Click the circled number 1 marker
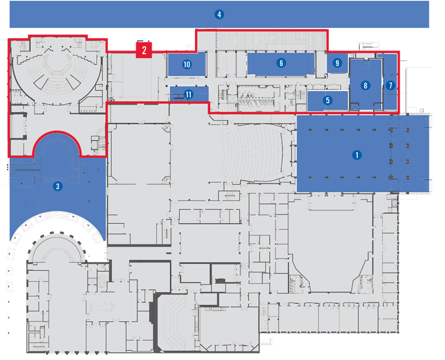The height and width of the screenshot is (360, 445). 357,155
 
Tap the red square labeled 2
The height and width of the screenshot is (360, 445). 144,50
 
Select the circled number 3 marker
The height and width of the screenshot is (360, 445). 57,186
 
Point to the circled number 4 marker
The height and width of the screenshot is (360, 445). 219,14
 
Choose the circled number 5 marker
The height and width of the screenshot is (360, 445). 328,100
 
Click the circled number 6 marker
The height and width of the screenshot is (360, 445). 281,63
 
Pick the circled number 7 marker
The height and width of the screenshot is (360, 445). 390,85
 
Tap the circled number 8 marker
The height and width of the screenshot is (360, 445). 365,86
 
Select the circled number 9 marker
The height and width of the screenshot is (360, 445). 337,63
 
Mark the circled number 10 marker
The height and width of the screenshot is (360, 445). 187,64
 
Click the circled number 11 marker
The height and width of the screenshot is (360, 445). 188,94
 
